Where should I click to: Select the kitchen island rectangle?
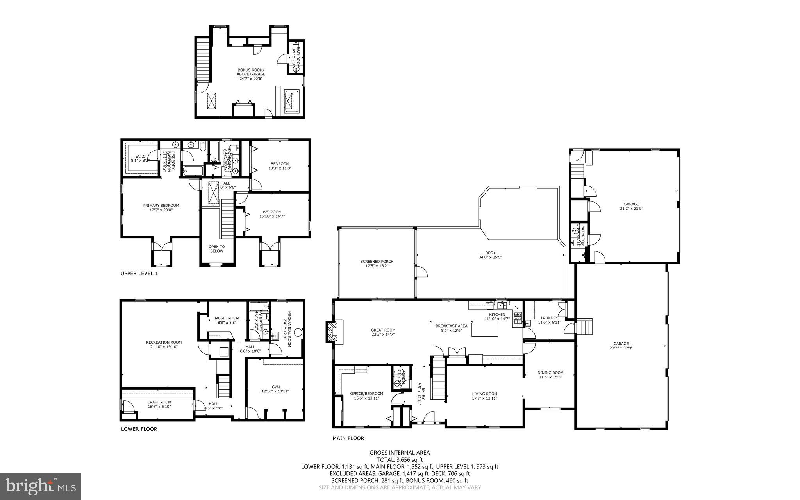click(485, 330)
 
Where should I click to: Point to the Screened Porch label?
click(377, 263)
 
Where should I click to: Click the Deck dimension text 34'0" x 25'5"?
click(490, 257)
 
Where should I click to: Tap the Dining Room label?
click(550, 375)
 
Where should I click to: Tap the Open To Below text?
click(216, 249)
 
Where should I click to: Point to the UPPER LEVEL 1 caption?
click(139, 274)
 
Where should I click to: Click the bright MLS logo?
click(41, 486)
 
